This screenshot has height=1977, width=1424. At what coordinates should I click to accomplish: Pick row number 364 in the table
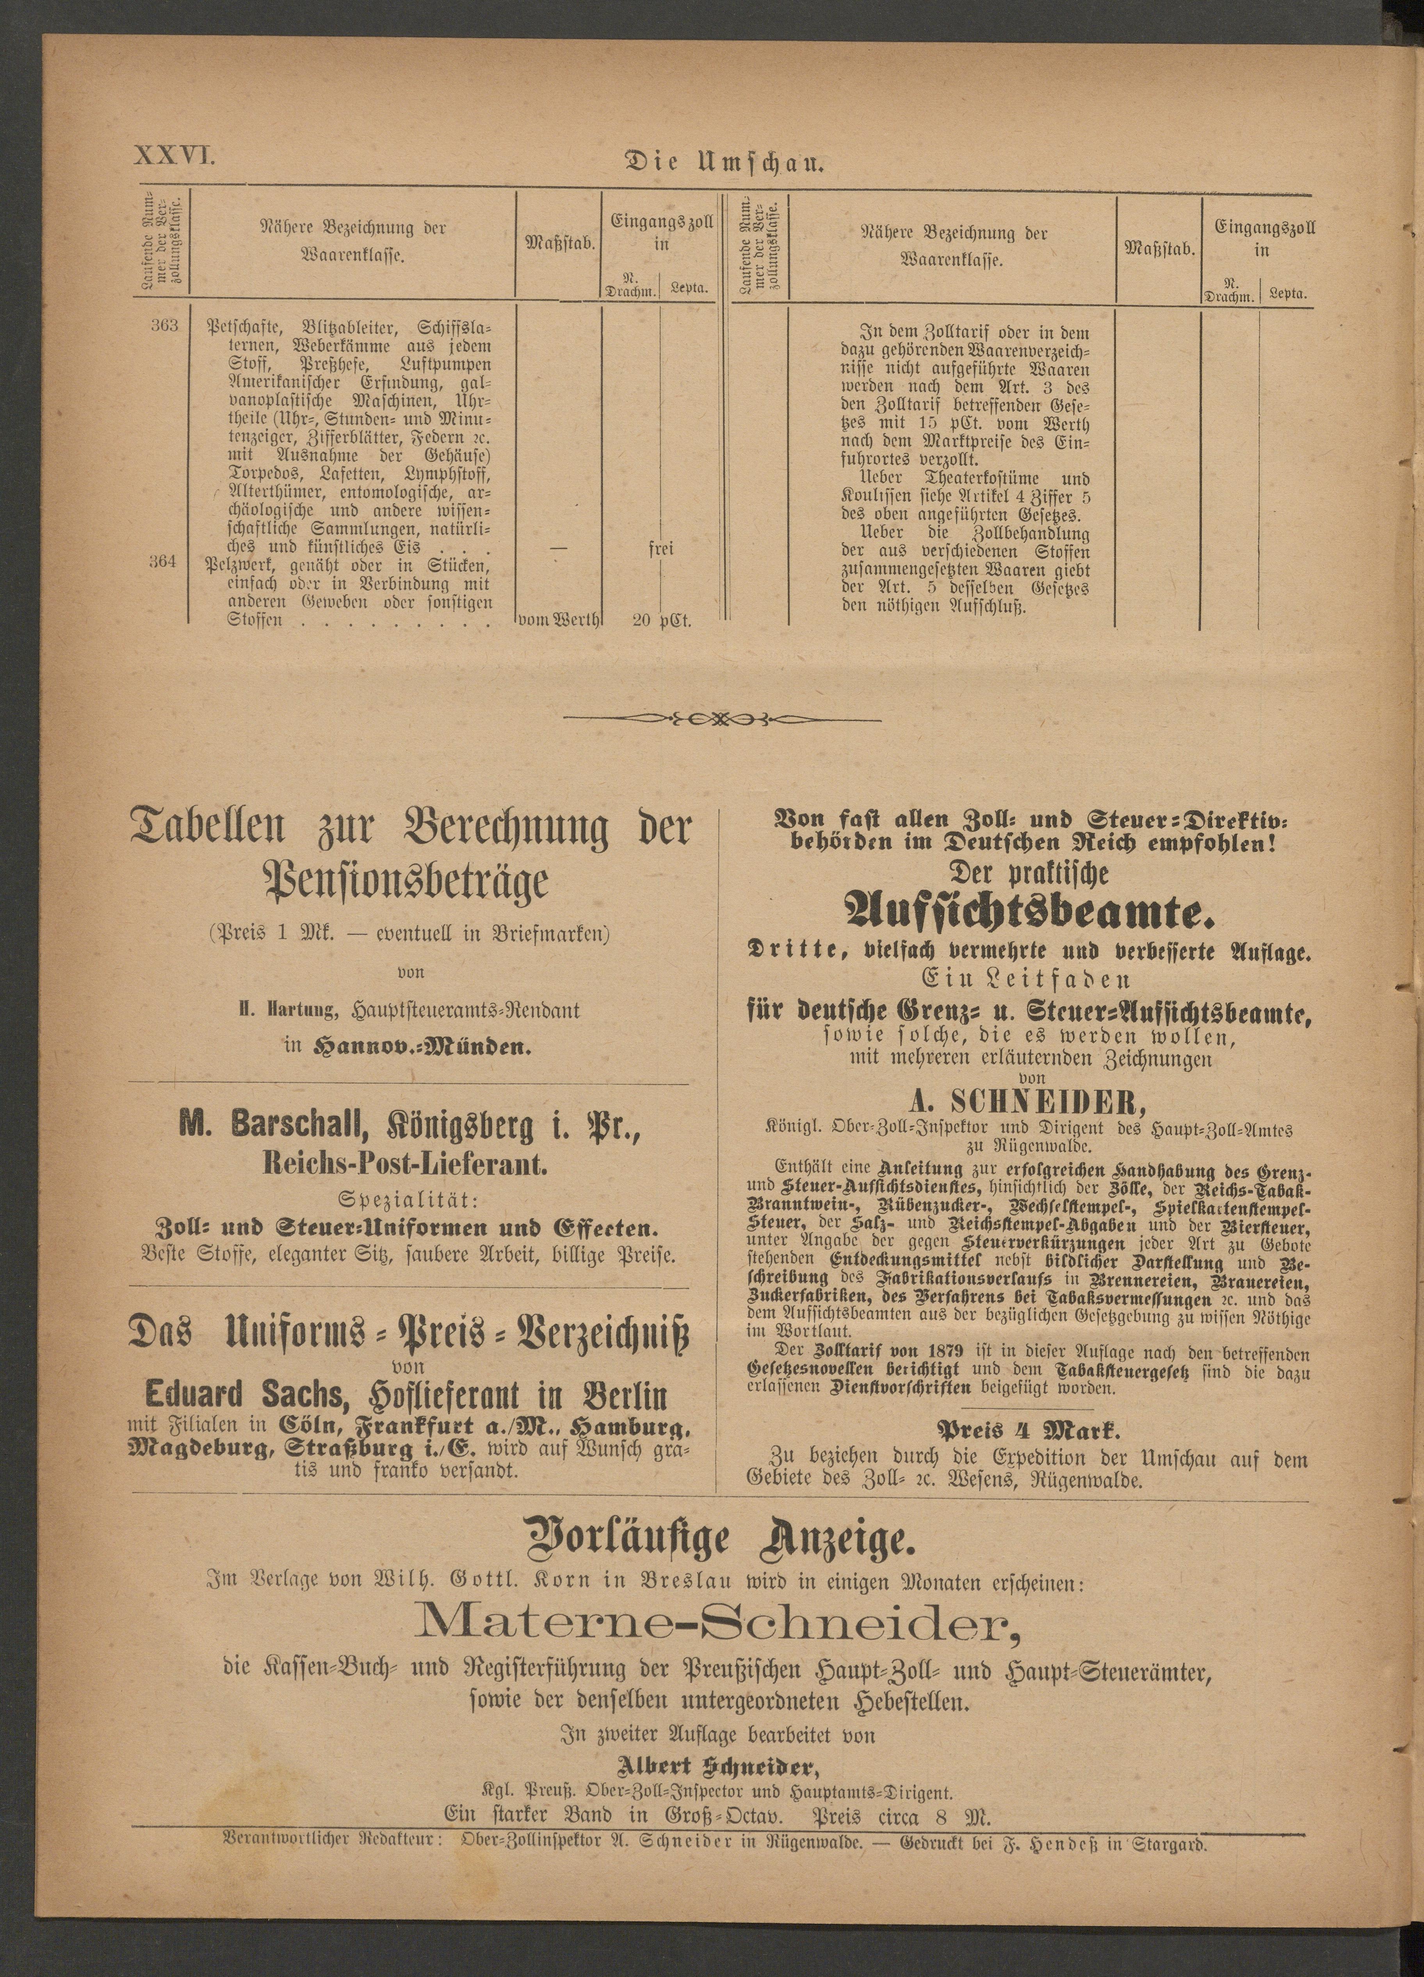[164, 562]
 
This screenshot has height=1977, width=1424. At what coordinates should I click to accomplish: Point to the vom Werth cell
[558, 621]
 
